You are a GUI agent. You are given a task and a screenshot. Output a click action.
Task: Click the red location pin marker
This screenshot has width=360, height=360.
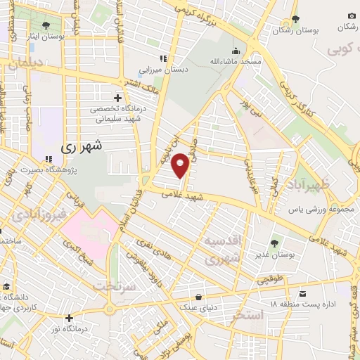point(181,164)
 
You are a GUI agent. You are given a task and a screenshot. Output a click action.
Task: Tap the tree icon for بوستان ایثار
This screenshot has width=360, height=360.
point(46,25)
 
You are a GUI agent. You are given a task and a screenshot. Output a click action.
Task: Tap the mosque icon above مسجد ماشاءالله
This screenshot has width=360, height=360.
point(236,51)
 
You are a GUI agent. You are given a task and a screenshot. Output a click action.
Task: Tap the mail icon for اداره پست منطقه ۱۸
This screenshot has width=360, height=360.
point(302,292)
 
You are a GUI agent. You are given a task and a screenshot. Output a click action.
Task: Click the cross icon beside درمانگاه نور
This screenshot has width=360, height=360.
point(68,318)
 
